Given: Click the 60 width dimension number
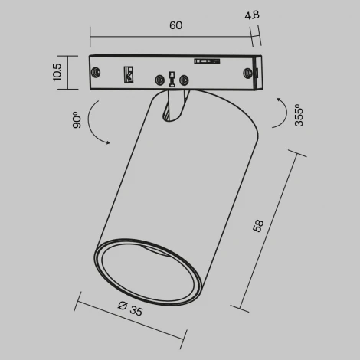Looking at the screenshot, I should pyautogui.click(x=175, y=25).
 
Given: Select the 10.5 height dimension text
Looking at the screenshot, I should pyautogui.click(x=57, y=73).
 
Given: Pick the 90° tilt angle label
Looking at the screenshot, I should pyautogui.click(x=77, y=120).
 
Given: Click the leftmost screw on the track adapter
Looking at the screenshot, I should pyautogui.click(x=97, y=72).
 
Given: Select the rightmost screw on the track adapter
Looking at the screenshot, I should pyautogui.click(x=247, y=72).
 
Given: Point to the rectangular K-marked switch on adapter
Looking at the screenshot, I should pyautogui.click(x=129, y=75).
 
